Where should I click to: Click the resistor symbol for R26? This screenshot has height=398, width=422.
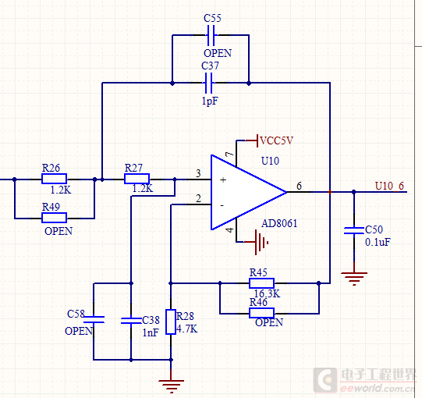pos(54,179)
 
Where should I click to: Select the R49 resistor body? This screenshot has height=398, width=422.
pos(54,218)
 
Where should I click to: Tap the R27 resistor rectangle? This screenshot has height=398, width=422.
pos(137,179)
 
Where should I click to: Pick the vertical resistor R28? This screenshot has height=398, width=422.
pos(171,322)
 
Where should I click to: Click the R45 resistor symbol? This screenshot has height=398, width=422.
pos(261,283)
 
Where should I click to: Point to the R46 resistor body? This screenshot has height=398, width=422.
pos(261,313)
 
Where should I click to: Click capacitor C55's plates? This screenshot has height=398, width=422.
pos(211,35)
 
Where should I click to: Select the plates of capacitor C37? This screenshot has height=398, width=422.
pos(208,84)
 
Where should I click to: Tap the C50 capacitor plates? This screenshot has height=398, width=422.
pos(354,230)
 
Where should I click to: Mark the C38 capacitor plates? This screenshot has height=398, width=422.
pos(131,321)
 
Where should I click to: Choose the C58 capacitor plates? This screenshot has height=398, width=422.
pos(94,319)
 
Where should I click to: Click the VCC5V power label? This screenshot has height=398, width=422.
pos(276,140)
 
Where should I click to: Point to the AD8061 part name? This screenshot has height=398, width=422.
pos(279,223)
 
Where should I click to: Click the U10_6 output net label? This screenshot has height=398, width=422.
pos(389,186)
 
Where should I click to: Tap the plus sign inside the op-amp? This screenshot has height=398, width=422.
pos(223,180)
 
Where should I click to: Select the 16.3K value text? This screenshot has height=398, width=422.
pos(267,293)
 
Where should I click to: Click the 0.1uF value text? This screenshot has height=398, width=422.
pos(378,242)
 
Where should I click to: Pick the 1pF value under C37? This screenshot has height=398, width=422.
pos(210,101)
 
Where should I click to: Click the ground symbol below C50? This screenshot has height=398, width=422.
pos(354,279)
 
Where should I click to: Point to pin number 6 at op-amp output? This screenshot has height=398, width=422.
pos(299,186)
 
